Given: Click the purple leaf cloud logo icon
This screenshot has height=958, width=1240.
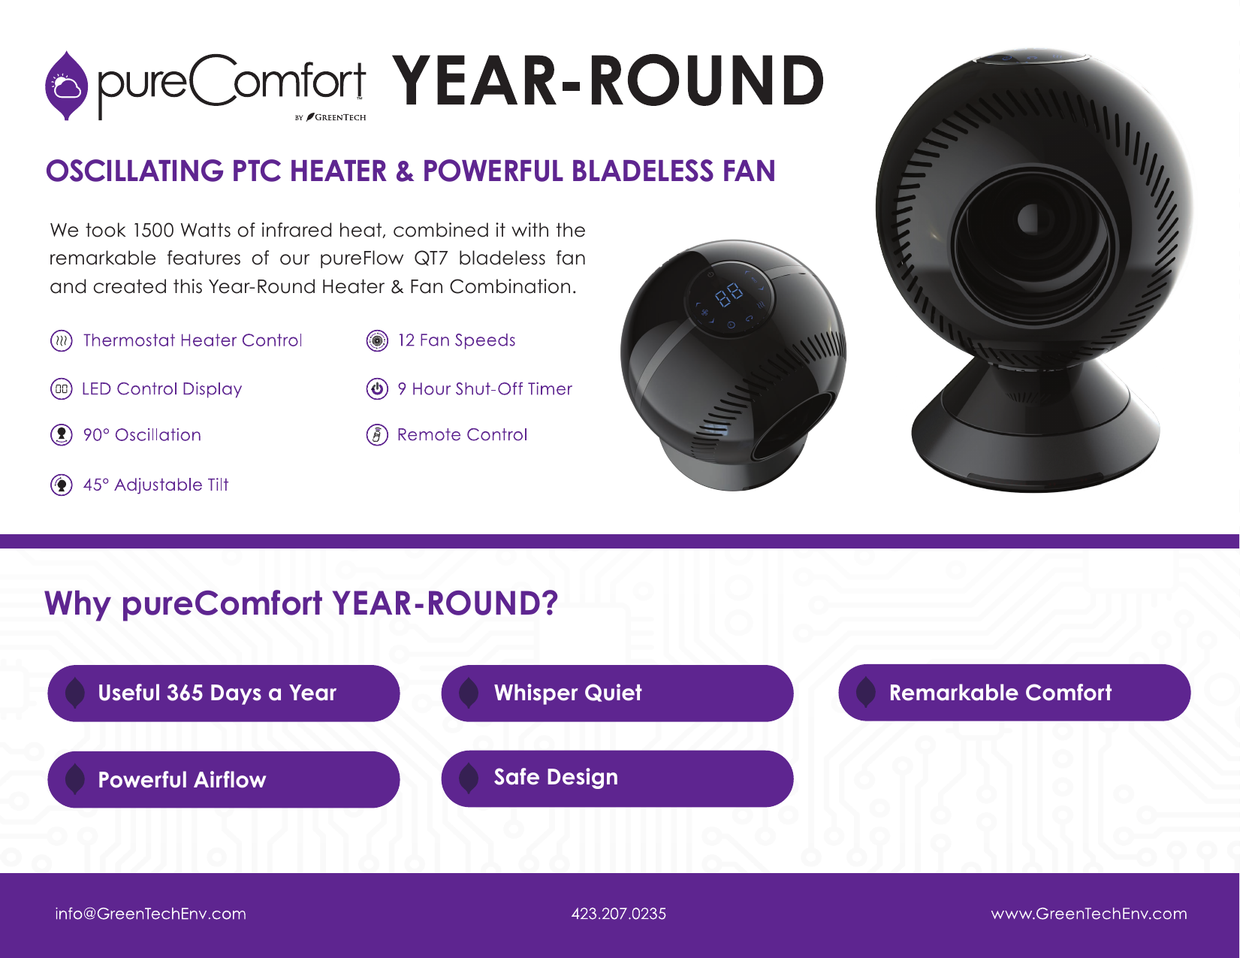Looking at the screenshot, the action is [x=66, y=86].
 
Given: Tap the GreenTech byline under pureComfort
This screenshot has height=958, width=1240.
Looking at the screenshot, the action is [x=330, y=118].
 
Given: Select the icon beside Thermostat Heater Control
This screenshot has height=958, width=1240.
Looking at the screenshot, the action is [x=61, y=341].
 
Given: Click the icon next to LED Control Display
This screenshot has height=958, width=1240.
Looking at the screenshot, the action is [x=61, y=389].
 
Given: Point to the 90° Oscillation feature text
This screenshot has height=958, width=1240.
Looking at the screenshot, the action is [x=142, y=435].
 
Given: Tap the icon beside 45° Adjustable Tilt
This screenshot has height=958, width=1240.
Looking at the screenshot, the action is [x=61, y=485].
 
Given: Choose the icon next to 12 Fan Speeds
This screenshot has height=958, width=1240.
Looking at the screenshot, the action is [x=376, y=341].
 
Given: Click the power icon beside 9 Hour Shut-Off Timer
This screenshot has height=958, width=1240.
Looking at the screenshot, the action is [x=376, y=388].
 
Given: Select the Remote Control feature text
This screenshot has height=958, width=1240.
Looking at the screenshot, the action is [x=462, y=435].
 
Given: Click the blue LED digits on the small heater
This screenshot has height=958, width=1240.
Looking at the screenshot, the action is [x=729, y=295].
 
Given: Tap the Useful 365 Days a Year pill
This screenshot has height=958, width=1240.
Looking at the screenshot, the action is [x=224, y=693].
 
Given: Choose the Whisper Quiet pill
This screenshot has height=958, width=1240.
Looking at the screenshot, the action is [x=617, y=693].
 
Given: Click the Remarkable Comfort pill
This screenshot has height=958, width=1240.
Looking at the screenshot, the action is [x=1015, y=693].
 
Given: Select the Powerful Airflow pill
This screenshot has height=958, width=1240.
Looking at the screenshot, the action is [x=224, y=779].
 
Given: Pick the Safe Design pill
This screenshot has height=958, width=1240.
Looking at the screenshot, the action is [x=617, y=778].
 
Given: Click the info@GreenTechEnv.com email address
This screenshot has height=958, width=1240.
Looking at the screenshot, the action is [x=151, y=914].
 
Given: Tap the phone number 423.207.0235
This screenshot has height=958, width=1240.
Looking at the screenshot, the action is [x=619, y=914].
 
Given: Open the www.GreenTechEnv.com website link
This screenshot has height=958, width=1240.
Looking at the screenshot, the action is [x=1089, y=914].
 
